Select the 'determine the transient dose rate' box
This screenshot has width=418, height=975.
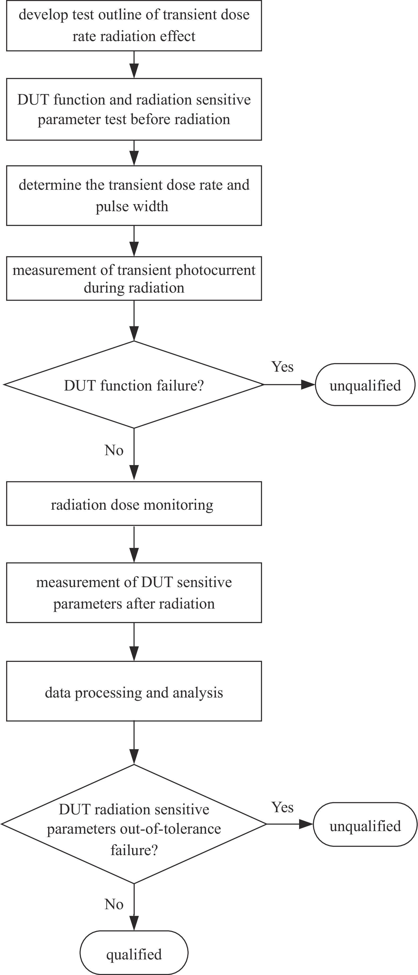coord(134,195)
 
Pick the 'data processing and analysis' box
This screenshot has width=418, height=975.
coord(134,691)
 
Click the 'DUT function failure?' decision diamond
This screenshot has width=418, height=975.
coord(134,385)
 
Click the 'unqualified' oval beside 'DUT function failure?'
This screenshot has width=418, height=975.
coord(365,385)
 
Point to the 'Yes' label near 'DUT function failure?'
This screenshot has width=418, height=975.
coord(282,366)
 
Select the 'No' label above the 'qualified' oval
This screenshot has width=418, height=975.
coord(114,904)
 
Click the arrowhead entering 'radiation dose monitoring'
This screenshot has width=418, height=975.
coord(134,473)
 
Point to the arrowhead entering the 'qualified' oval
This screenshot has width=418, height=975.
coord(134,923)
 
